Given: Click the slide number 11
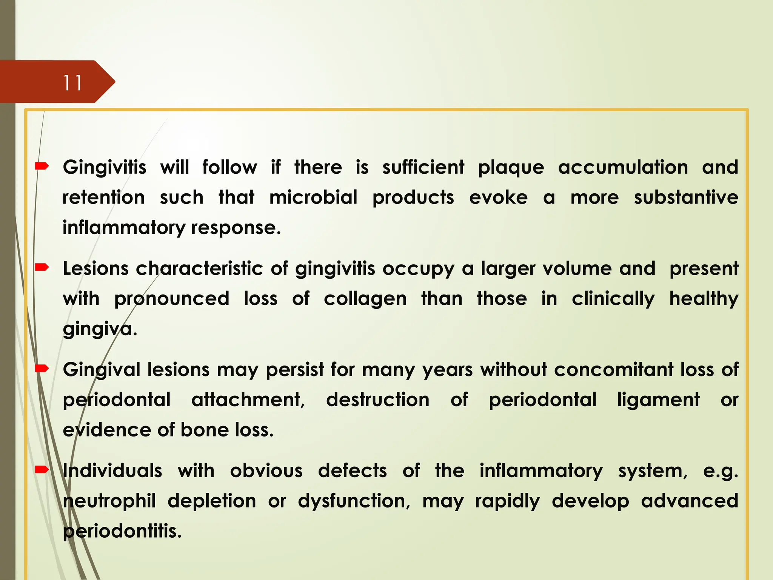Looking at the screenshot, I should coord(72,83).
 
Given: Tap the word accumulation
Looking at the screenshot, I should coord(623,167).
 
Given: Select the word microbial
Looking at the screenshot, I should coord(313,197).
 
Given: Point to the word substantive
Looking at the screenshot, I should coord(686,197).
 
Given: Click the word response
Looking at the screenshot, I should coord(236,228).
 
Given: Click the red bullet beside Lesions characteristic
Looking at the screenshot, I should coord(42,268).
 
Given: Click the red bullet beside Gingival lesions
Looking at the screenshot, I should coord(42,369).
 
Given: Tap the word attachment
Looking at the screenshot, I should coord(248,400).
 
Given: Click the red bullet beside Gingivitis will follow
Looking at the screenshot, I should coord(42,166).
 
